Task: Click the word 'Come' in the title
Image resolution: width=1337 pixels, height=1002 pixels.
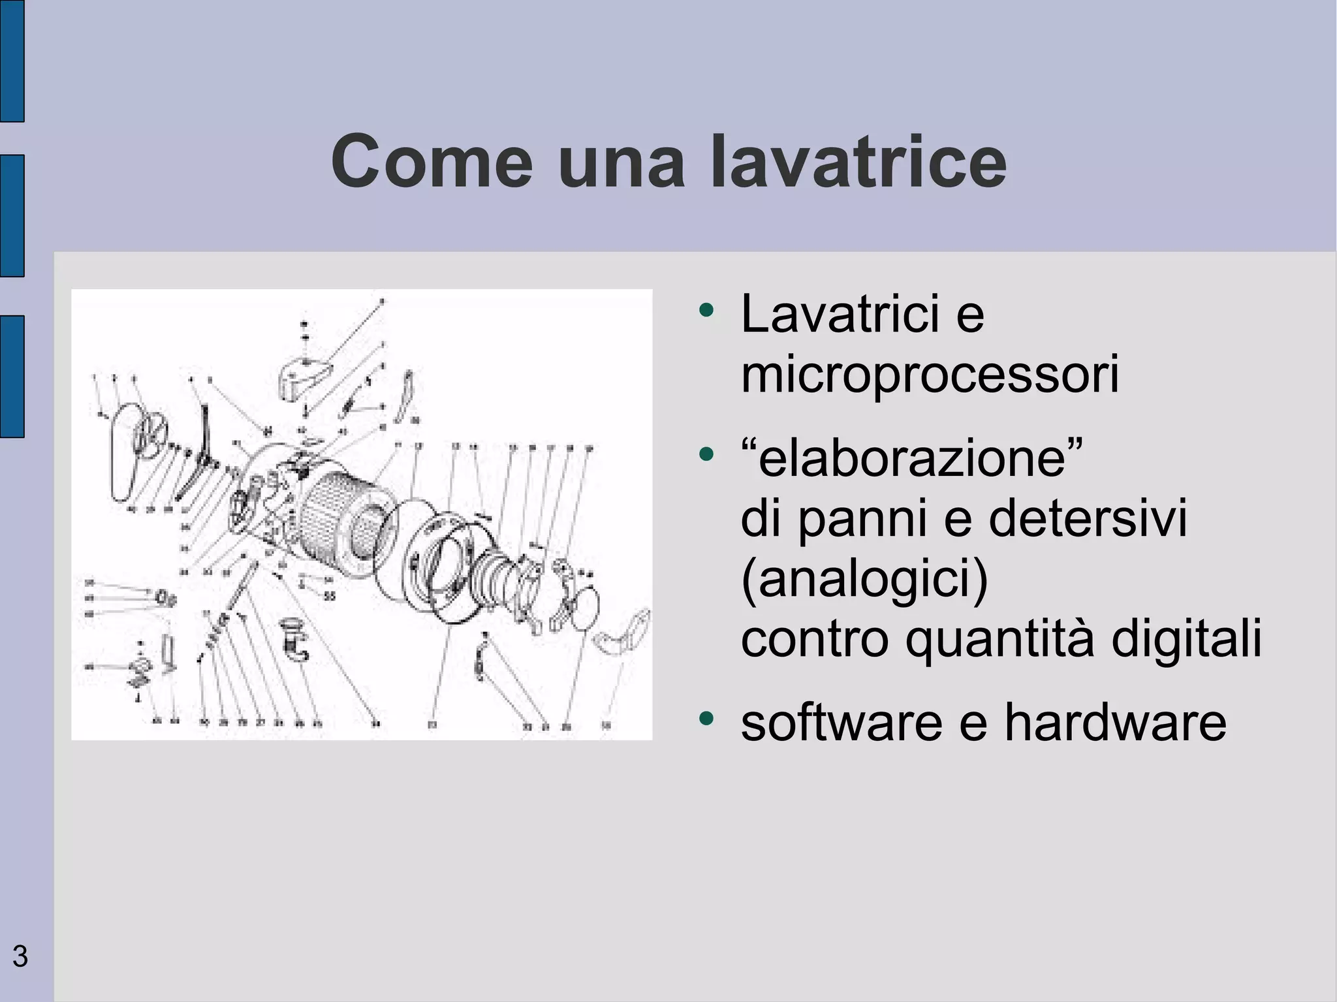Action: pos(432,161)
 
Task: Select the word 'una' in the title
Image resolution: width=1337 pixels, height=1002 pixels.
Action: pos(621,161)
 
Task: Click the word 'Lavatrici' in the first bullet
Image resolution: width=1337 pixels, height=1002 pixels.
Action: pos(841,314)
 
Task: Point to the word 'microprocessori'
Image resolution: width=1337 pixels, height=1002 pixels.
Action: pos(930,374)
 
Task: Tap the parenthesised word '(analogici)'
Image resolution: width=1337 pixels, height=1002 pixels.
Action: pos(864,578)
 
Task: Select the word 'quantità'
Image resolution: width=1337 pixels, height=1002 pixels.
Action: pos(999,638)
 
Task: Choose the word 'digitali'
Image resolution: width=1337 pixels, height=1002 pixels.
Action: pos(1186,638)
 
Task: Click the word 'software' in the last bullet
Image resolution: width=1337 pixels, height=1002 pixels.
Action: pos(842,723)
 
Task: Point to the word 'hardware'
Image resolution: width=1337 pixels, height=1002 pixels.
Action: pos(1115,723)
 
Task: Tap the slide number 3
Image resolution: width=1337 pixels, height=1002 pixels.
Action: pos(20,956)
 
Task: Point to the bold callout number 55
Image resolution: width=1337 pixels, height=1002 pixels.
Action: pos(330,596)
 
